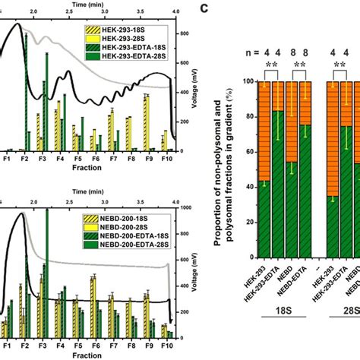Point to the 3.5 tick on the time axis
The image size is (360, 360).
click(141, 12)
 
